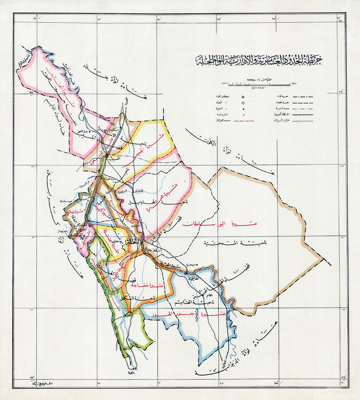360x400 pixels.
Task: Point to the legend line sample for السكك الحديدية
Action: (x=302, y=114)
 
